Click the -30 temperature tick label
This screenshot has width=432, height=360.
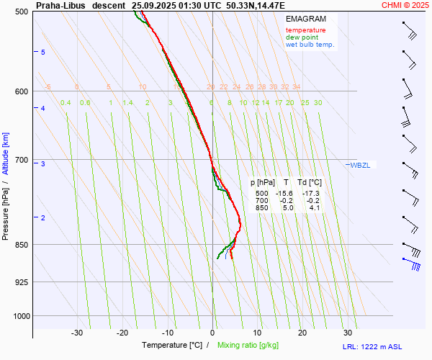(77, 333)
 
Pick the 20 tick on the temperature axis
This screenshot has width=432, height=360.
(302, 333)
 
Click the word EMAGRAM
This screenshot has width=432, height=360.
(305, 18)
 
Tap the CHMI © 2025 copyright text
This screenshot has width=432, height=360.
(406, 5)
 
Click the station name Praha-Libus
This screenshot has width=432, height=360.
(65, 5)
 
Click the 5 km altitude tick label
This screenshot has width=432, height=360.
(43, 53)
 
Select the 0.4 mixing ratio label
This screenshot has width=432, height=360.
(66, 103)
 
